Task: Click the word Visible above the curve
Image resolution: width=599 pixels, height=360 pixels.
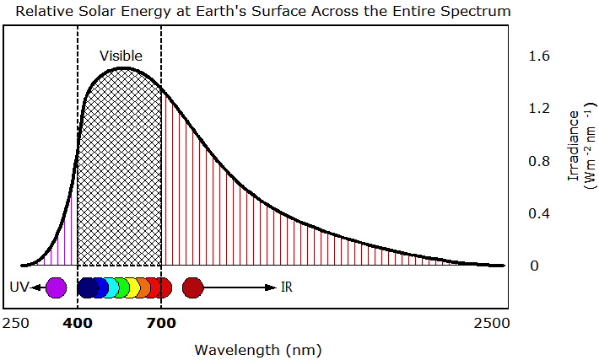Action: coord(121,56)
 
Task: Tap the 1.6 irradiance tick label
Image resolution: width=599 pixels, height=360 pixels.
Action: coord(539,56)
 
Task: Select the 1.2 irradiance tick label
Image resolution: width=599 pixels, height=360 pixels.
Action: coord(539,109)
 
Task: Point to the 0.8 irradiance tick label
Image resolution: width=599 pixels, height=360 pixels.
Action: coord(539,161)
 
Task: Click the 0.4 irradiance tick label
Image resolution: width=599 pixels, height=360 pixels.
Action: coord(539,213)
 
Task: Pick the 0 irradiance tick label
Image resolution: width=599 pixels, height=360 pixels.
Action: coord(534,266)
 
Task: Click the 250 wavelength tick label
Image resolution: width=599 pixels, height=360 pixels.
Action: coord(15,323)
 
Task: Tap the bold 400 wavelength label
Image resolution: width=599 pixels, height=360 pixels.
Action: coord(77,323)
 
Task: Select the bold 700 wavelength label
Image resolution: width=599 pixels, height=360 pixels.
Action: coord(161,323)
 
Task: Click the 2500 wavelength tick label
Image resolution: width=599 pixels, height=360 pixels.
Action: coord(492,323)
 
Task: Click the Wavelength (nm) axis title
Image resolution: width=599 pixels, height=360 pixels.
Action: coord(258,349)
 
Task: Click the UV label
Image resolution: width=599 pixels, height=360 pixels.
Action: coord(19,287)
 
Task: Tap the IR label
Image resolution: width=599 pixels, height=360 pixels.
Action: coord(286,287)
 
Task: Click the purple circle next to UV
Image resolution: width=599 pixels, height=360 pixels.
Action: coord(56,287)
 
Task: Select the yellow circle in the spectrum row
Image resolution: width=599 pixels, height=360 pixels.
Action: coord(133,287)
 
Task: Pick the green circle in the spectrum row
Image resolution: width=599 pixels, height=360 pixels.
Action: coord(121,287)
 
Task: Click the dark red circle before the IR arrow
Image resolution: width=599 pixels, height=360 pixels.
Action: coord(193,287)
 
